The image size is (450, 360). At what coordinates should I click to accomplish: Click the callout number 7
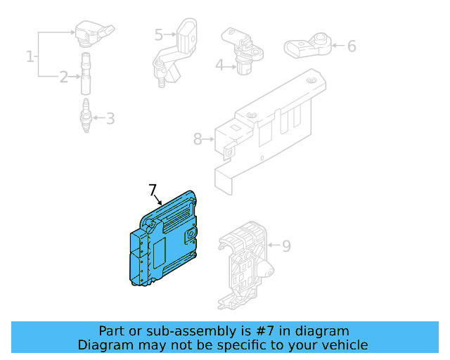pyautogui.click(x=153, y=190)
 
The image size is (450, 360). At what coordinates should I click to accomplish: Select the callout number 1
pyautogui.click(x=30, y=56)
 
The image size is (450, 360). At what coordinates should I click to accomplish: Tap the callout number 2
pyautogui.click(x=63, y=77)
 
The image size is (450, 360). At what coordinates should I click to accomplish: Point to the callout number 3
pyautogui.click(x=110, y=118)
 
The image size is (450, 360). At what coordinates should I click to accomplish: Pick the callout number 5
pyautogui.click(x=158, y=34)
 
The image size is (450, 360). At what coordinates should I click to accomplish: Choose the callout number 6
pyautogui.click(x=351, y=46)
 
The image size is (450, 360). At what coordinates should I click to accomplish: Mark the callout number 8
pyautogui.click(x=198, y=139)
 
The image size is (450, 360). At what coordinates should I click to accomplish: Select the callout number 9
pyautogui.click(x=285, y=246)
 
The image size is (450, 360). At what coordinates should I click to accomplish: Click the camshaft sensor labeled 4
pyautogui.click(x=243, y=51)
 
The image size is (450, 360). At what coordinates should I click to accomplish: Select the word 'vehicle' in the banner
pyautogui.click(x=343, y=345)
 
